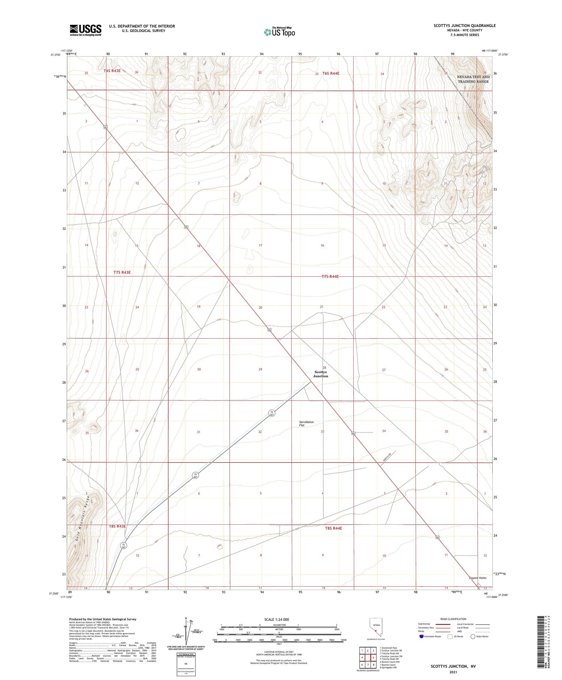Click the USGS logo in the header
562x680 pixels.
pos(85,30)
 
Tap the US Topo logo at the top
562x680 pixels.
pos(280,32)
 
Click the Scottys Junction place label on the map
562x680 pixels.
pos(321,374)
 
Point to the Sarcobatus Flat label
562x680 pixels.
pos(306,423)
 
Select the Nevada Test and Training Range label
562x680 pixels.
pos(473,79)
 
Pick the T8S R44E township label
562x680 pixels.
pos(333,528)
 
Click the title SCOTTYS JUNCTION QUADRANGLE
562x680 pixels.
pos(464,26)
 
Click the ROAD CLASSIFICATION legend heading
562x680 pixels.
pos(453,619)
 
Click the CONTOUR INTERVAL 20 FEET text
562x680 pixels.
pos(279,652)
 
